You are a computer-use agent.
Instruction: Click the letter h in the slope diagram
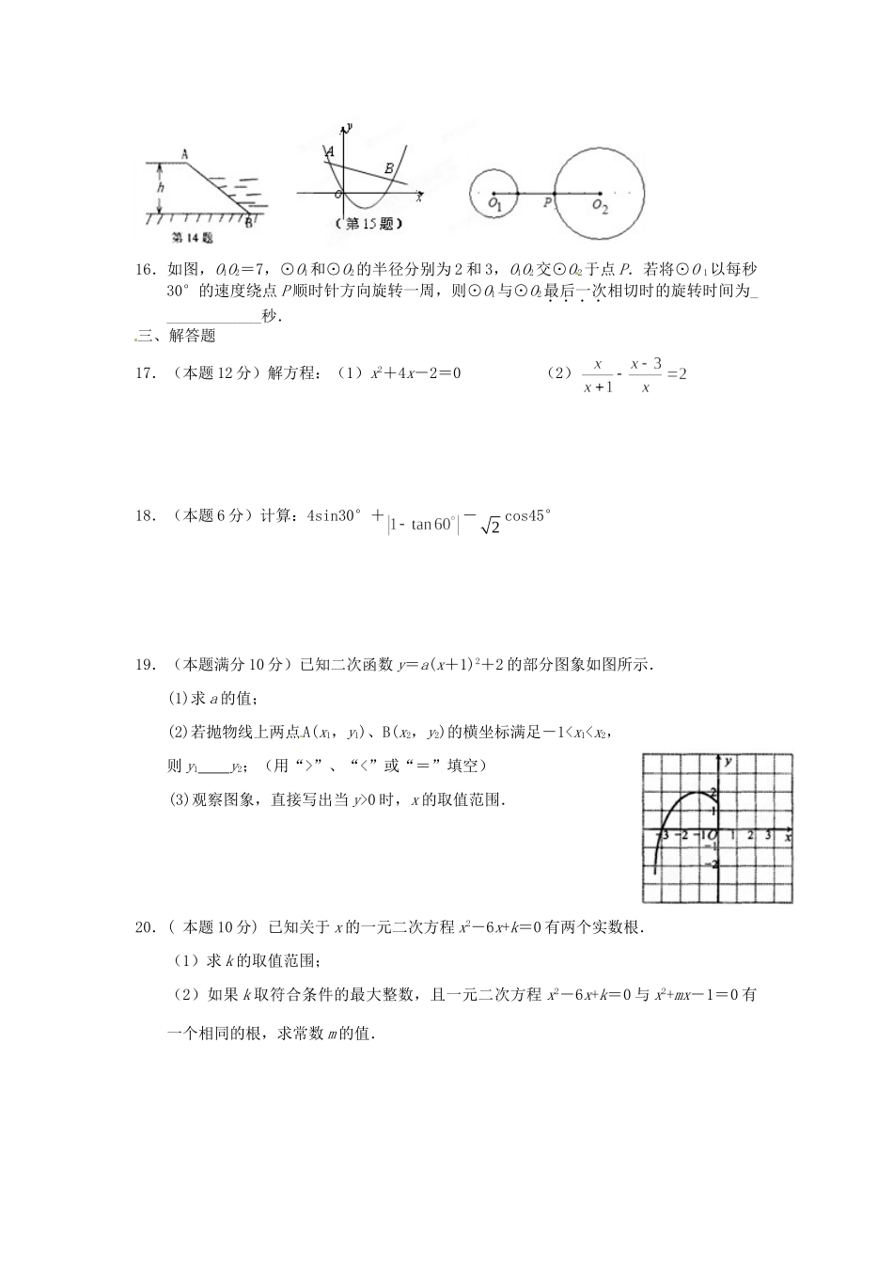pos(161,187)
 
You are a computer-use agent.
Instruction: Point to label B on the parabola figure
pos(388,168)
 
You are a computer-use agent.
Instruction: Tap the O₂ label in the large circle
pos(600,208)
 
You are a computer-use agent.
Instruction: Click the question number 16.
pos(146,269)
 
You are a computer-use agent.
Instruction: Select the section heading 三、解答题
pos(177,336)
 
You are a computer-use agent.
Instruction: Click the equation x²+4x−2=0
pos(415,373)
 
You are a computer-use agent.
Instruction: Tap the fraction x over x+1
pos(597,374)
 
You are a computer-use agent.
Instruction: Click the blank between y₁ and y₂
pos(215,766)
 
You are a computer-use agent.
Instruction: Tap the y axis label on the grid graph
pos(728,759)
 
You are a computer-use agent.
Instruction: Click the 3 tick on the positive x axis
pos(768,835)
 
